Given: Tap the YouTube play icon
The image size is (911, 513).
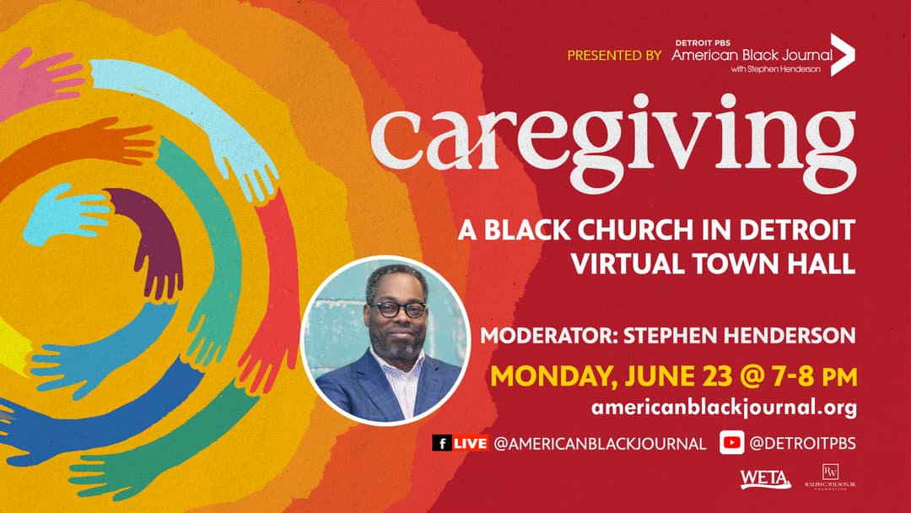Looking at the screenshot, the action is (731, 443).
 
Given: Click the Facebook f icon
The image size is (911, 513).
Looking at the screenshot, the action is (441, 443).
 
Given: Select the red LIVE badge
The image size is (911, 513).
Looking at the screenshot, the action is (470, 443).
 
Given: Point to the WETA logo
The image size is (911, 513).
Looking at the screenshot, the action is (765, 479).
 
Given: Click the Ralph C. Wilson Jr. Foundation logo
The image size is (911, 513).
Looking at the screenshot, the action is (830, 477).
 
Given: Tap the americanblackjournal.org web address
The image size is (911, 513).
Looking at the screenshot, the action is (724, 408).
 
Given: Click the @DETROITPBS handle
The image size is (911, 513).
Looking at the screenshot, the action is (802, 443).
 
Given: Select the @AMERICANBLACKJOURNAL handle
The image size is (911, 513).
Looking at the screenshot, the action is (600, 444).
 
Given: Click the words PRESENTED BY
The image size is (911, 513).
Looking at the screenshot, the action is (614, 56).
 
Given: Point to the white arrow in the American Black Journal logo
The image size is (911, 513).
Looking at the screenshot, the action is (843, 55).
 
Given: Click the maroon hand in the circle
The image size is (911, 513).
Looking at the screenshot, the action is (150, 238).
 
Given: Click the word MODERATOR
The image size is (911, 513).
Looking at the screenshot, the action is (548, 336).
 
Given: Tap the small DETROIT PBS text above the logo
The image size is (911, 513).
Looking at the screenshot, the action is (703, 43).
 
